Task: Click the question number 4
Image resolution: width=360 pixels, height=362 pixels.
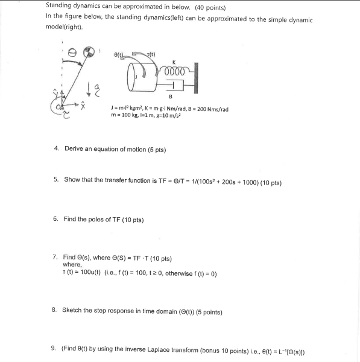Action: pos(55,149)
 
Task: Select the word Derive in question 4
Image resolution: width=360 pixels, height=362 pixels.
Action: pos(74,149)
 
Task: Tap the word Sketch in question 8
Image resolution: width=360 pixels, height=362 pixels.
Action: pos(72,312)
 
